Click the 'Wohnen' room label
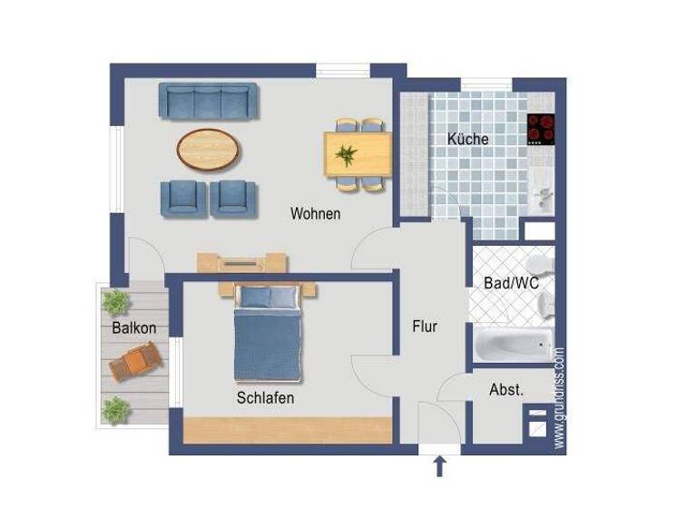point(315,214)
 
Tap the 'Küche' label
point(467,139)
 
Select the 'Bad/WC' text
point(511,283)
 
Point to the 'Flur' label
point(425,327)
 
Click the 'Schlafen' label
point(265,397)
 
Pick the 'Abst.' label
point(506,390)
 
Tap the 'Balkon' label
point(134,327)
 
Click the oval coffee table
point(210,149)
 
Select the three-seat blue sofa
point(209,102)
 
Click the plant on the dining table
point(346,154)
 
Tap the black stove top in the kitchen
point(541,130)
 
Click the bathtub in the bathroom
point(513,346)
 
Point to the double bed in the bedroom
point(267,333)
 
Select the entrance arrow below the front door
point(440,466)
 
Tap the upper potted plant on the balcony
point(115,300)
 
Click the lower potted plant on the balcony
point(115,410)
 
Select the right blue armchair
point(233,198)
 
